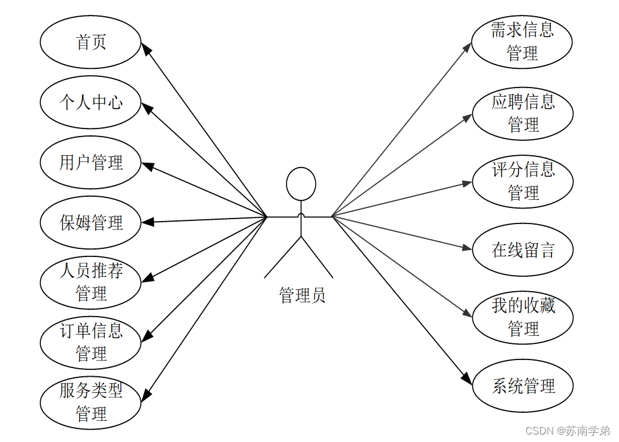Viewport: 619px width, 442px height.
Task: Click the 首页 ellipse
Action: pos(91,42)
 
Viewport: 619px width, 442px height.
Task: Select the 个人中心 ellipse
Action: pos(91,102)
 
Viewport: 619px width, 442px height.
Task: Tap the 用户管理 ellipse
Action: pos(91,163)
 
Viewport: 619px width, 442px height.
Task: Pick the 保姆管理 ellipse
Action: pos(91,223)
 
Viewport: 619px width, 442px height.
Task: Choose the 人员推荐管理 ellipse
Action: pos(91,282)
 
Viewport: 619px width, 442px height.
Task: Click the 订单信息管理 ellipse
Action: pos(91,343)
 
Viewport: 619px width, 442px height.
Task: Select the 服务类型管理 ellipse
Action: pos(91,402)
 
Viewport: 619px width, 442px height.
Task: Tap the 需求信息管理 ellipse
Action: pos(522,42)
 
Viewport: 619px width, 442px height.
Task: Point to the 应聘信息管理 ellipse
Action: pos(522,113)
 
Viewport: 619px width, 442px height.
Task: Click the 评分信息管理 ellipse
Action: pos(522,181)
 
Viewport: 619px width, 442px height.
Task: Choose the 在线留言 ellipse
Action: pos(522,250)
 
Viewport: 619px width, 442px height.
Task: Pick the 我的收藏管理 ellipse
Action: pos(522,317)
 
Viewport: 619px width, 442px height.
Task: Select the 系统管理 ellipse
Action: pos(522,386)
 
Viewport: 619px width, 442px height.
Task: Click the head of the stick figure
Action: pos(301,184)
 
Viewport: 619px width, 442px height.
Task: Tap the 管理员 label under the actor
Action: pos(302,295)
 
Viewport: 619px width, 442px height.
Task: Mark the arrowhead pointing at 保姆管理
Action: pos(148,222)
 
